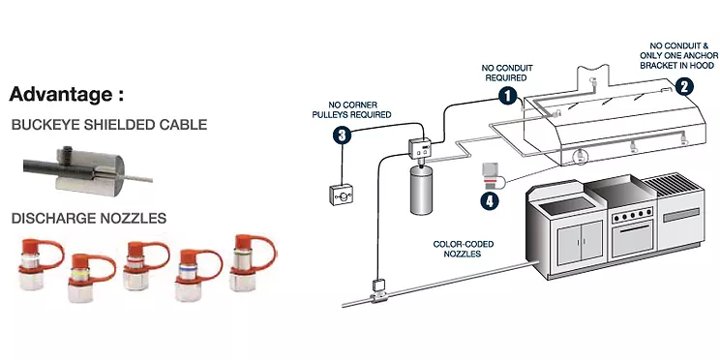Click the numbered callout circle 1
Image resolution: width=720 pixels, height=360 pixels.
508,97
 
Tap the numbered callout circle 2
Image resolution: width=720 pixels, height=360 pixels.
684,86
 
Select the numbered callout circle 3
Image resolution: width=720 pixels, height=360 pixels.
342,135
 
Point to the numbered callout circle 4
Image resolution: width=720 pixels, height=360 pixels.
490,201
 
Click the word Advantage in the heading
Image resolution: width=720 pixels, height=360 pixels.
60,95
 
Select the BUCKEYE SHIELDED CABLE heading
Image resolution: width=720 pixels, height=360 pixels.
109,125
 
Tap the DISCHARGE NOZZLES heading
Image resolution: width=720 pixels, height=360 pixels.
89,219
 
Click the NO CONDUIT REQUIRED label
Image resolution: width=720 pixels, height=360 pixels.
507,73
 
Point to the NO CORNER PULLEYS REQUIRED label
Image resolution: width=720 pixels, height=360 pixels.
351,109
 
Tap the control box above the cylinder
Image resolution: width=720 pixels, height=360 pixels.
420,148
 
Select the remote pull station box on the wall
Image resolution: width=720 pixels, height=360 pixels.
342,195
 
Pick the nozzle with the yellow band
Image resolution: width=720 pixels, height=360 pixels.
90,278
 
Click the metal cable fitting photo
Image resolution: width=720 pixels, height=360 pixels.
87,170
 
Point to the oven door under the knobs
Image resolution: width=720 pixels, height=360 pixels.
632,239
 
